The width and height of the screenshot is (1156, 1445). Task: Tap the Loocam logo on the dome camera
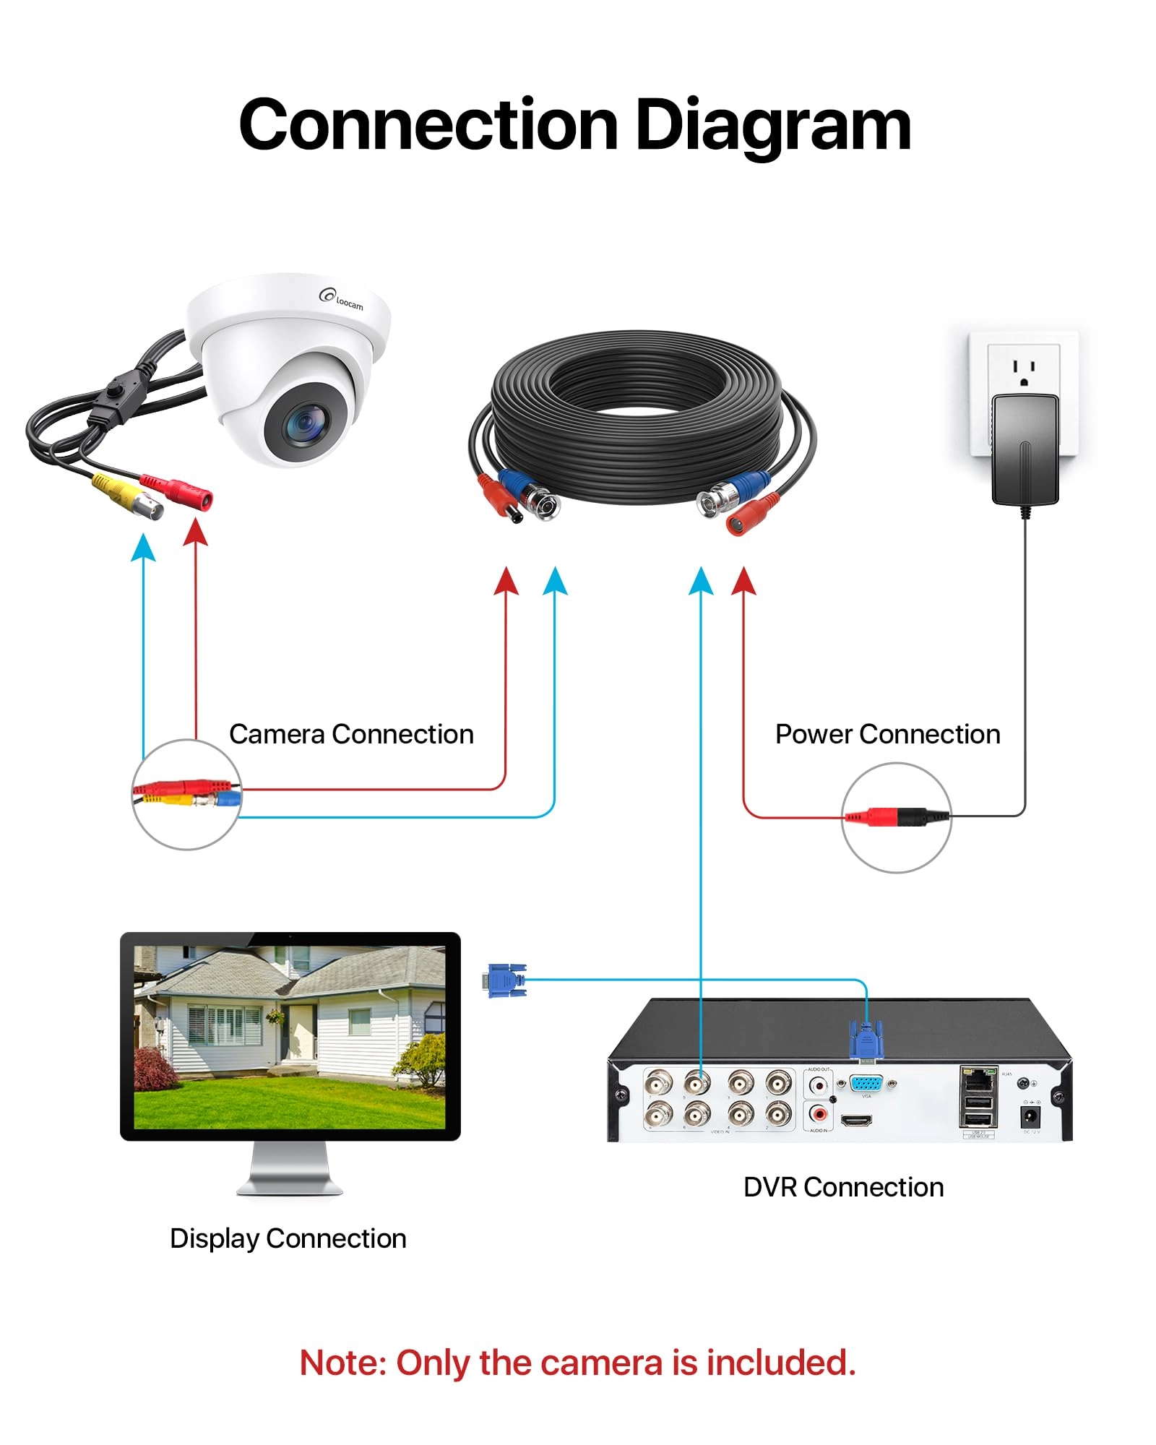coord(342,298)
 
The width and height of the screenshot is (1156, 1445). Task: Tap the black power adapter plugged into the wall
coord(1025,449)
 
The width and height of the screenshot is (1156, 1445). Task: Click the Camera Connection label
coord(351,734)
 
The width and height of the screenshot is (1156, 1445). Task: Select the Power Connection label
coord(887,734)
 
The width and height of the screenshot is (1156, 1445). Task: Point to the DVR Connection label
coord(843,1187)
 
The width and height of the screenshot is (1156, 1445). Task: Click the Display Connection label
coord(288,1238)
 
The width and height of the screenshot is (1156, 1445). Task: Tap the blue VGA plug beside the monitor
coord(506,980)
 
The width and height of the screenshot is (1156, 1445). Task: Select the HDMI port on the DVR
coord(856,1121)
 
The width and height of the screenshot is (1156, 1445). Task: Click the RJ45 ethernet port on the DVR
coord(978,1080)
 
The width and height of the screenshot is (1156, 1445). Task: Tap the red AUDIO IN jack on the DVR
coord(818,1114)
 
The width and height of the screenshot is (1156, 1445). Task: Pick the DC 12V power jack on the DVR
coord(1030,1116)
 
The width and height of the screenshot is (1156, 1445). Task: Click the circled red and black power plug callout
coord(896,817)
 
